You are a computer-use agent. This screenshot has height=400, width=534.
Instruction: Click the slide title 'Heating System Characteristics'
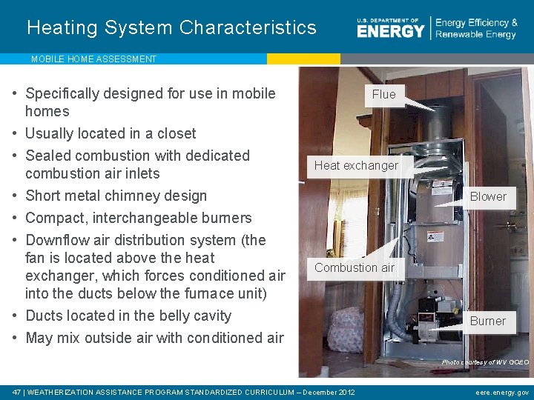pyautogui.click(x=171, y=28)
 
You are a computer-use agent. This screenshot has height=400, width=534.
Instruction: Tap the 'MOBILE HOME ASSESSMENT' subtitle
pyautogui.click(x=93, y=59)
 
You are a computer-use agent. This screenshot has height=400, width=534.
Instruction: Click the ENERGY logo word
pyautogui.click(x=390, y=30)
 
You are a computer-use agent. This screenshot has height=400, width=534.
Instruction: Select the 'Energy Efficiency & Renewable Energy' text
pyautogui.click(x=476, y=29)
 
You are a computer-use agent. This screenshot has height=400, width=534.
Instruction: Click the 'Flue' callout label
pyautogui.click(x=383, y=94)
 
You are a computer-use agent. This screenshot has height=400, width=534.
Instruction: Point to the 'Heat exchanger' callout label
pyautogui.click(x=356, y=165)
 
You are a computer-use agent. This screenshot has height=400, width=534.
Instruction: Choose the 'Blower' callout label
pyautogui.click(x=488, y=196)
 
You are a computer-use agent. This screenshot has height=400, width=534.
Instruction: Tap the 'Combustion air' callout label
pyautogui.click(x=355, y=267)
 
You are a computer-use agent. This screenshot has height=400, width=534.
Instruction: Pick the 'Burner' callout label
pyautogui.click(x=487, y=321)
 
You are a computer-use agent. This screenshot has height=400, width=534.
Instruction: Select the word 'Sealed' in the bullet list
pyautogui.click(x=47, y=156)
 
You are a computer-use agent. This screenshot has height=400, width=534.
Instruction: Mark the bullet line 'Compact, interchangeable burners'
pyautogui.click(x=139, y=218)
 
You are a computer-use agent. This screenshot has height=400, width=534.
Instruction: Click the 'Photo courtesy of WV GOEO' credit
pyautogui.click(x=485, y=362)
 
